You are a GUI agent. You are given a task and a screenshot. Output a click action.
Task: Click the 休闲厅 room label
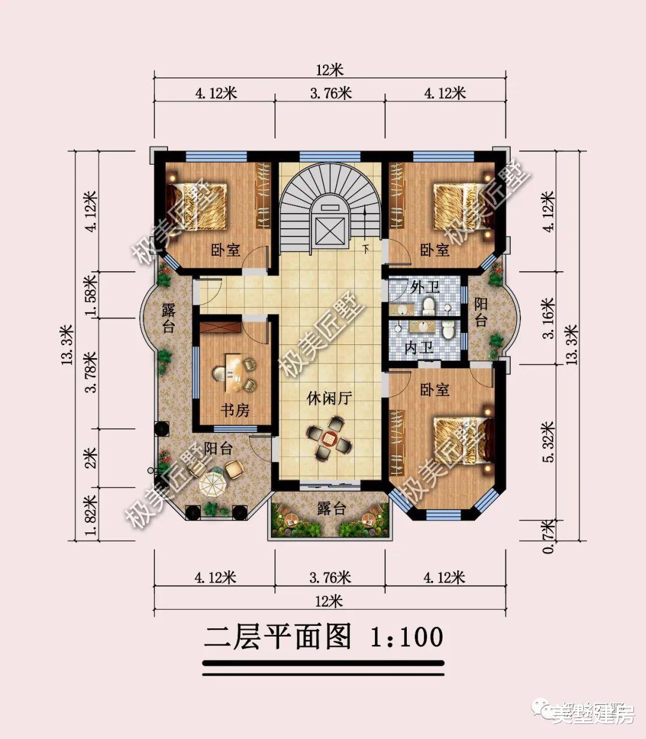click(x=329, y=398)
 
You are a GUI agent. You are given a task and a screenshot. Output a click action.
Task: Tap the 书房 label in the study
click(x=235, y=410)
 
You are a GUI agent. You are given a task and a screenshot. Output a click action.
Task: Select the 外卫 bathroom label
click(x=425, y=287)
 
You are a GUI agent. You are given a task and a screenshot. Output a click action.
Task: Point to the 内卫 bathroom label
click(x=419, y=348)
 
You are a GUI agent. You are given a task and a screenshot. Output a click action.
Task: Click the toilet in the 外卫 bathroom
click(x=429, y=307)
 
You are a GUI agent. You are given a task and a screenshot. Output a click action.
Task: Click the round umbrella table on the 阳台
click(x=211, y=483)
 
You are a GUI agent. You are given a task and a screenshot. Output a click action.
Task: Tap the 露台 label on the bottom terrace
click(x=331, y=509)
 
